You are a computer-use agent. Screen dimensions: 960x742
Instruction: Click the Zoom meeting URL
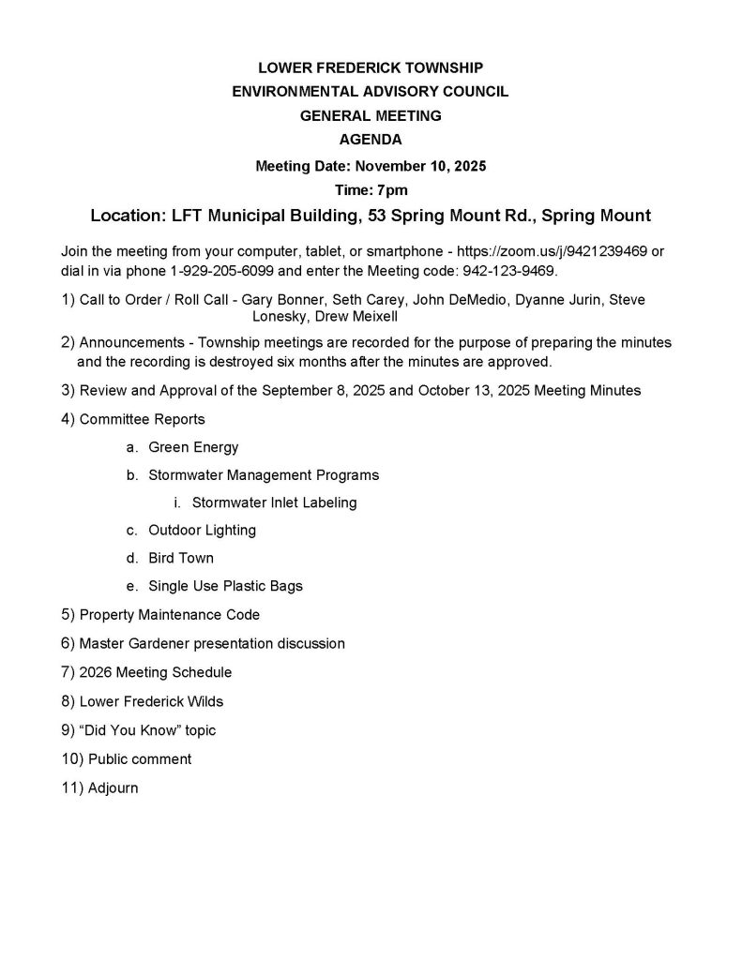click(x=553, y=252)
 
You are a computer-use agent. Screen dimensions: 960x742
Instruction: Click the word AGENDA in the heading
click(x=371, y=140)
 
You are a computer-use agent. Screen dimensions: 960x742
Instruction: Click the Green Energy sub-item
click(x=193, y=447)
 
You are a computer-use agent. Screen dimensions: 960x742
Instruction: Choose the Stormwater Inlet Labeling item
click(x=274, y=502)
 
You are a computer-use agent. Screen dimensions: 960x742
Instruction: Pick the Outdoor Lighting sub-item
click(x=202, y=530)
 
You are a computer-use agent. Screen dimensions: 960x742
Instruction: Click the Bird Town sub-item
click(x=181, y=558)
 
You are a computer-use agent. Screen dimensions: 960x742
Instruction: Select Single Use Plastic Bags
click(x=225, y=586)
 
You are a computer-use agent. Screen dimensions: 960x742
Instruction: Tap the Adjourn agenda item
click(x=113, y=787)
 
